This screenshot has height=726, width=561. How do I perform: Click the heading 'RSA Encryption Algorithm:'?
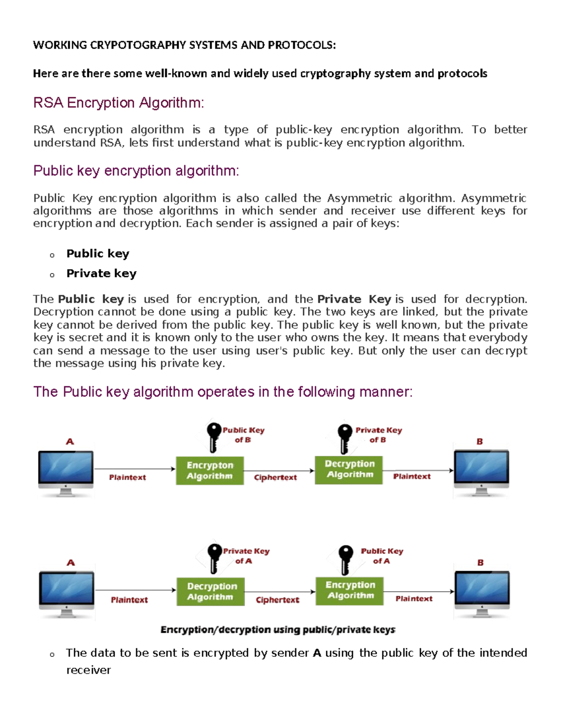(118, 102)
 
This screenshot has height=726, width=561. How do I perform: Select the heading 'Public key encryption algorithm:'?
(136, 171)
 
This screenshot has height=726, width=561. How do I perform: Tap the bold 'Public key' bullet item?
(98, 253)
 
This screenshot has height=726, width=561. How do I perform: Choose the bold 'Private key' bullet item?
(101, 273)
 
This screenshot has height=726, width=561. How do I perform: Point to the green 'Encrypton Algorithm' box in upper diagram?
(210, 471)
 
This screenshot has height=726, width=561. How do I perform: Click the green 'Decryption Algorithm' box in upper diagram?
(349, 469)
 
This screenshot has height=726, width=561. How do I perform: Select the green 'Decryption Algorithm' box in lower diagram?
(211, 591)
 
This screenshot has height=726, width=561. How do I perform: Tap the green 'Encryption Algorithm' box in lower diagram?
(350, 590)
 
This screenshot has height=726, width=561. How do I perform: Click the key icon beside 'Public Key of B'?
(214, 437)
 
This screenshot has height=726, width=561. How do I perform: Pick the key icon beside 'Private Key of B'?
(345, 438)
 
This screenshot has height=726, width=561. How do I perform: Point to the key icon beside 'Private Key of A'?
(215, 558)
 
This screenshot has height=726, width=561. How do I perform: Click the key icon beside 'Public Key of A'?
(345, 559)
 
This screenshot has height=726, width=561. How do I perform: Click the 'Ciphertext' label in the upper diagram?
(275, 477)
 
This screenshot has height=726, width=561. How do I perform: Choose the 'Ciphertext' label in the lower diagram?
(277, 600)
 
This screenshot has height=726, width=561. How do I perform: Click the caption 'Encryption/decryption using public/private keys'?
(278, 630)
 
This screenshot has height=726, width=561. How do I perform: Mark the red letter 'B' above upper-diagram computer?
(480, 441)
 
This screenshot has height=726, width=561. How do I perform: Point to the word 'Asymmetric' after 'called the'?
(359, 198)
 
